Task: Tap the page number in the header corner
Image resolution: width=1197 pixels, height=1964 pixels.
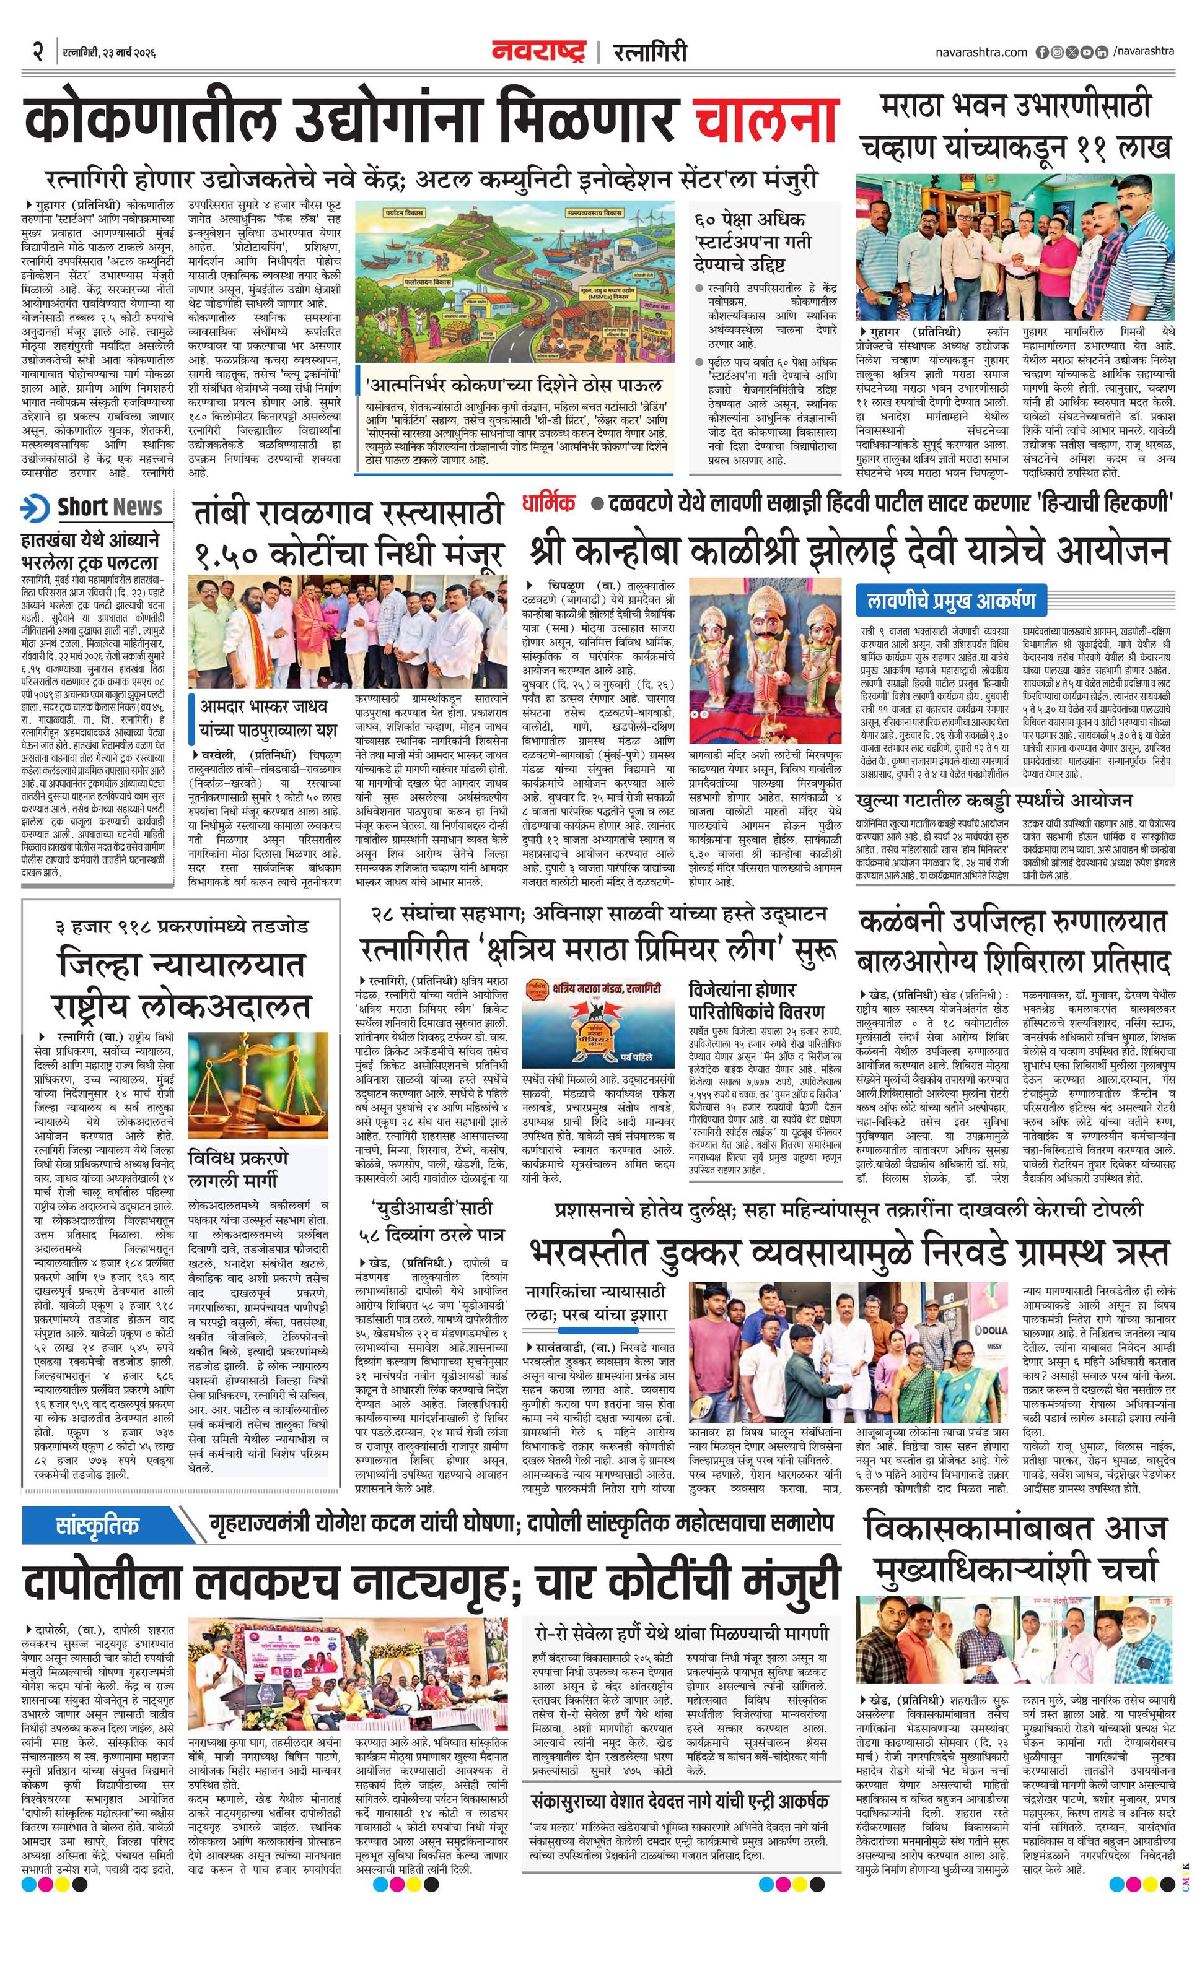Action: coord(37,52)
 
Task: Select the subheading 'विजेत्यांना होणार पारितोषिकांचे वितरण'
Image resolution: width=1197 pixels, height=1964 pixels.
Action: coord(756,1001)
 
